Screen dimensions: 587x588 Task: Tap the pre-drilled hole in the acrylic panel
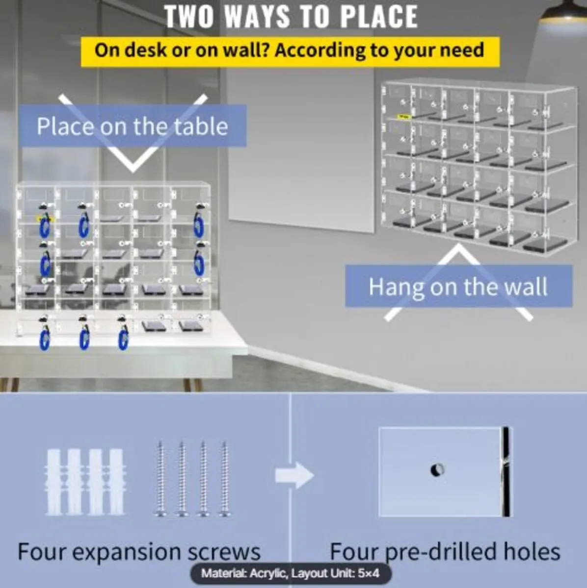point(437,469)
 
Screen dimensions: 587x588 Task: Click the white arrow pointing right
point(294,475)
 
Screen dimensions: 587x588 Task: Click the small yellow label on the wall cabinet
point(404,117)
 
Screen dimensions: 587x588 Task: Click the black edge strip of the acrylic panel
point(506,471)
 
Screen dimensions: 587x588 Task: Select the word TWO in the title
point(188,17)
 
